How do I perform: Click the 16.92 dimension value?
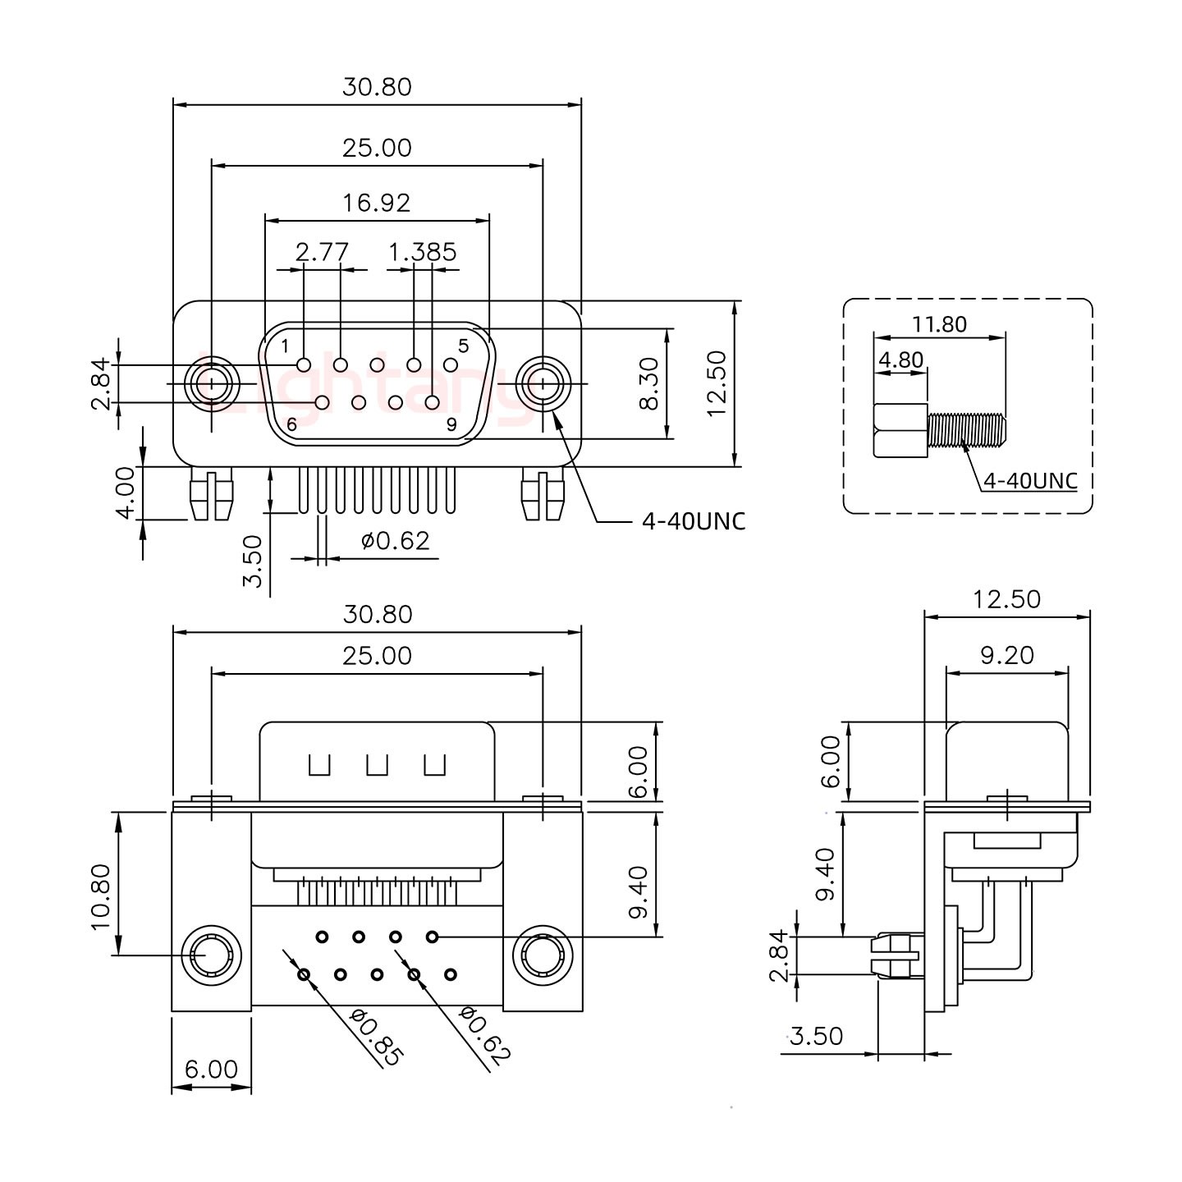[x=377, y=203]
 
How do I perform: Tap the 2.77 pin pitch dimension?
[x=323, y=252]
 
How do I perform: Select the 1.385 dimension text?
[x=423, y=252]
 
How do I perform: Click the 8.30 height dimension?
[x=649, y=384]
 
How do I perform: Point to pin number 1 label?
[x=285, y=345]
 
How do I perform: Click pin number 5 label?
[x=463, y=346]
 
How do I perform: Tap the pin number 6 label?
[x=291, y=425]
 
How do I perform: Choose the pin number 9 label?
[x=451, y=424]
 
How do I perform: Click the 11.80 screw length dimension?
[x=939, y=324]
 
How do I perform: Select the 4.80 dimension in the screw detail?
[x=900, y=360]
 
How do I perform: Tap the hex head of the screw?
[x=900, y=431]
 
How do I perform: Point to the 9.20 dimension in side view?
[x=1007, y=655]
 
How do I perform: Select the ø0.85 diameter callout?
[x=376, y=1038]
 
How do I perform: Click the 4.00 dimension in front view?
[x=126, y=492]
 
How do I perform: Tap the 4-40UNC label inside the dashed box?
[x=1030, y=481]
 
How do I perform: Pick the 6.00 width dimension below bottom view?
[x=211, y=1069]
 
